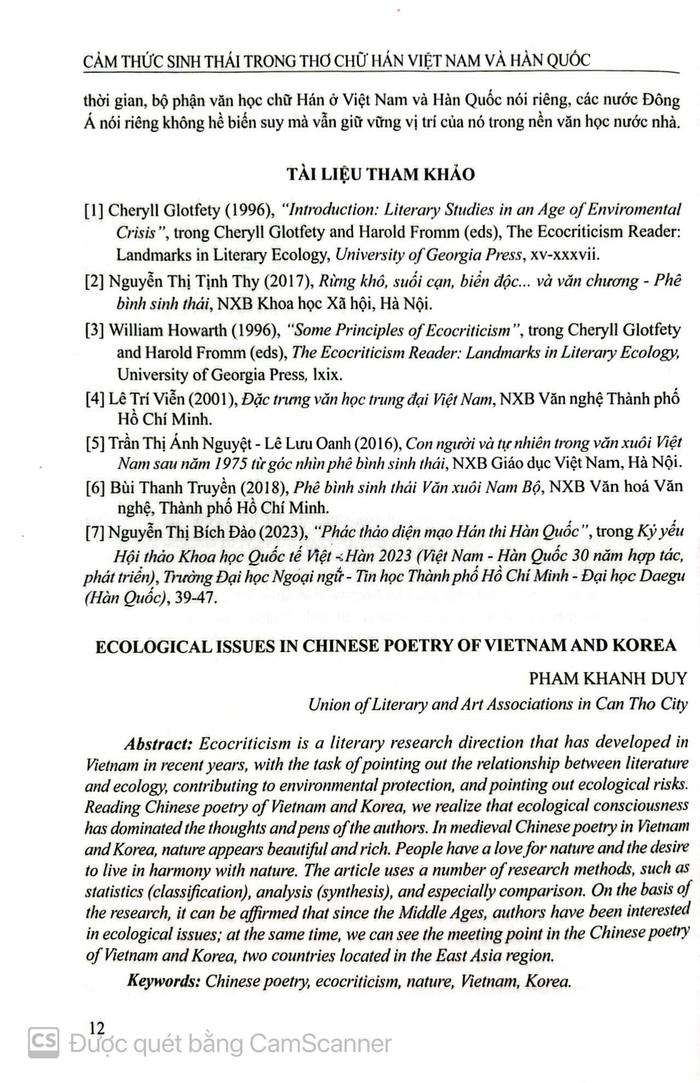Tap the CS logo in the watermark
(43, 1043)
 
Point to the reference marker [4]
(95, 399)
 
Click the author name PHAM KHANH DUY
(608, 678)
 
